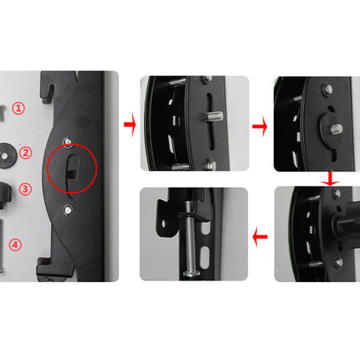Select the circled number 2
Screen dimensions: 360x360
coord(26,152)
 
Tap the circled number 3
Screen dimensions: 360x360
coord(26,189)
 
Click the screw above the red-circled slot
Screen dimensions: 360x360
coord(65,131)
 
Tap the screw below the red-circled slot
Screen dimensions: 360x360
coord(66,201)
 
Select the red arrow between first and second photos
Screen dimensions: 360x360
coord(129,126)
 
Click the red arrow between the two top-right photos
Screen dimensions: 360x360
coord(260,127)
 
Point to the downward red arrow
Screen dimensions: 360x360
coord(331,178)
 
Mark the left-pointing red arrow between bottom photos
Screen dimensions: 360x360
coord(260,237)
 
